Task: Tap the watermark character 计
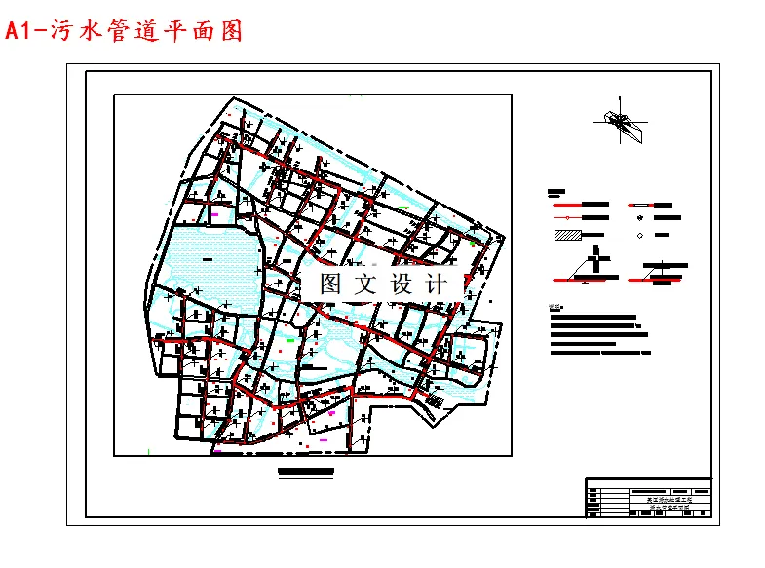[435, 284]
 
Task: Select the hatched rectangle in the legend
[567, 235]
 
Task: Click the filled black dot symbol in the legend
[639, 220]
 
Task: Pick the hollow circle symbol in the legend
[639, 236]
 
